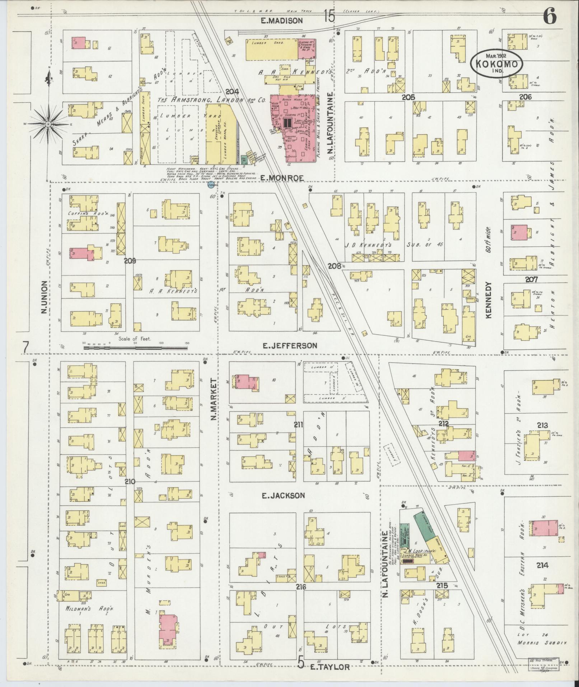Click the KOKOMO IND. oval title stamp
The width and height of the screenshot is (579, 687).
(496, 64)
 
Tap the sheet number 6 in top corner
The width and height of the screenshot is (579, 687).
(550, 17)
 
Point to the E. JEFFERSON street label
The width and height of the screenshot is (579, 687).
(290, 345)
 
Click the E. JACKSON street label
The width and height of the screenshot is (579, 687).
(283, 496)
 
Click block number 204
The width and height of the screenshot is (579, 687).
(232, 92)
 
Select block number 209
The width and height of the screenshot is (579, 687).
(130, 261)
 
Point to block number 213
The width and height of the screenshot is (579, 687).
(542, 425)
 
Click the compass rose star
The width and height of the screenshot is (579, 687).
(48, 124)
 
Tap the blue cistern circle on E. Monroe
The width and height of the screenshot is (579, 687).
(211, 185)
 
